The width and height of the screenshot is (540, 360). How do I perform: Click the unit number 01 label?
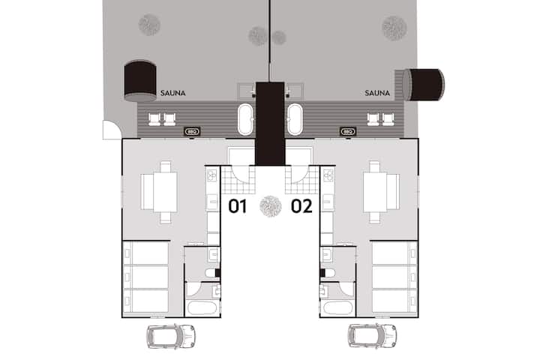tap(238, 206)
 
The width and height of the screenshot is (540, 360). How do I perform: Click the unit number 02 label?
tap(301, 206)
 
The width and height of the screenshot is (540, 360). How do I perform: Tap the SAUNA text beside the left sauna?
tap(173, 93)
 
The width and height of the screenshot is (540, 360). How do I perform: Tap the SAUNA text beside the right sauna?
tap(377, 93)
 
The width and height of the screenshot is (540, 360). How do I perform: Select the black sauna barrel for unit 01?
tap(140, 80)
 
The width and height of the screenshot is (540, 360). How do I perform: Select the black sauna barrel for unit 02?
tap(424, 85)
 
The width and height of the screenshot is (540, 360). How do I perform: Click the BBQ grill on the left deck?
tap(192, 131)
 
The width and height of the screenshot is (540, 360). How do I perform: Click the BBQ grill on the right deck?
tap(348, 131)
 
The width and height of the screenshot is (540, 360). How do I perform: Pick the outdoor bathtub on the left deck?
tap(245, 119)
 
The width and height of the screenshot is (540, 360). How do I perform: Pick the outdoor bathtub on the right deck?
tap(295, 119)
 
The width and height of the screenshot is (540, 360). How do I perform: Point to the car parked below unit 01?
tap(171, 336)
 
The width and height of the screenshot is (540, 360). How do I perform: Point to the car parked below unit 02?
tap(372, 336)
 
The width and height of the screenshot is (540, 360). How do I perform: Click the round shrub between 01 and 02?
tap(270, 206)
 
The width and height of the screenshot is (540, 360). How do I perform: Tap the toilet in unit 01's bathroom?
tap(211, 273)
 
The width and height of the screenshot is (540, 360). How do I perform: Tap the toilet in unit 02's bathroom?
tap(328, 273)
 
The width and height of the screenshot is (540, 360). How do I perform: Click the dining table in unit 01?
tap(165, 192)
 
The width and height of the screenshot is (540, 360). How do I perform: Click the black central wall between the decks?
tap(270, 123)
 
